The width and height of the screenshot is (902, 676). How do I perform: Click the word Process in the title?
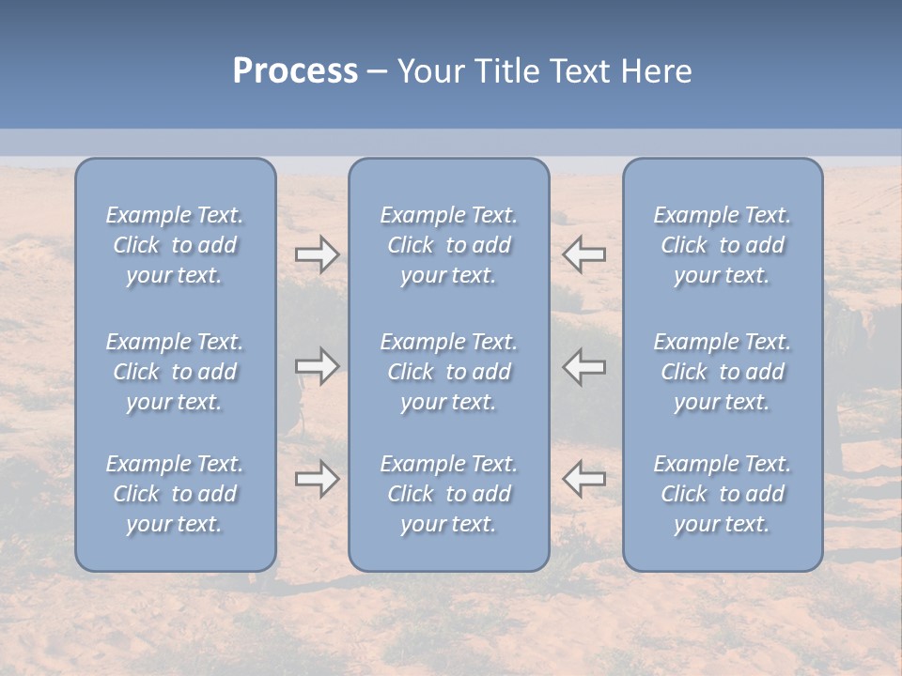295,71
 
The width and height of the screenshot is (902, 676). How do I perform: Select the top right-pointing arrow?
317,254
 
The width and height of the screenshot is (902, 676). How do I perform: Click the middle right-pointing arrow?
317,366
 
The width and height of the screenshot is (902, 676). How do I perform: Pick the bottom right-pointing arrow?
317,479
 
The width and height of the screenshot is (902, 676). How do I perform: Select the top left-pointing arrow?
584,254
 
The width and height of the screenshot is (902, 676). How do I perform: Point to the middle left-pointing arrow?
584,366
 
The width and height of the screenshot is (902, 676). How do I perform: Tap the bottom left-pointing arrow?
584,479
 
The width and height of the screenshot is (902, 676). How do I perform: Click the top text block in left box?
175,245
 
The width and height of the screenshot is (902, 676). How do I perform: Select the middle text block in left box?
175,372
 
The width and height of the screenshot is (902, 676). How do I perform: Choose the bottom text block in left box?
175,494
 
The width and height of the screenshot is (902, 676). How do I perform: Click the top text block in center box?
448,245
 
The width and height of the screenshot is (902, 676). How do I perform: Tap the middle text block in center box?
448,372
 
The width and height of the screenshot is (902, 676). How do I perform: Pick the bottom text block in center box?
448,494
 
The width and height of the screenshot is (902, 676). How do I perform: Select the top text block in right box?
722,245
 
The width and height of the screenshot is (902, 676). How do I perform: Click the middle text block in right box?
722,372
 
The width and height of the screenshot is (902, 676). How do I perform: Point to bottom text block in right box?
722,494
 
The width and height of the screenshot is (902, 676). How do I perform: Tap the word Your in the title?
429,71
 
